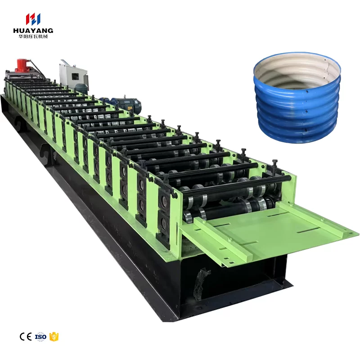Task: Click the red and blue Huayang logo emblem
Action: point(33,19)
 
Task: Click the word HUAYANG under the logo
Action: point(33,31)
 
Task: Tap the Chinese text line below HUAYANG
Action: point(33,36)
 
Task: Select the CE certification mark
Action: point(26,337)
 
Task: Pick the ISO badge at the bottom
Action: point(40,337)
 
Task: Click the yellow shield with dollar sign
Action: point(54,337)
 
